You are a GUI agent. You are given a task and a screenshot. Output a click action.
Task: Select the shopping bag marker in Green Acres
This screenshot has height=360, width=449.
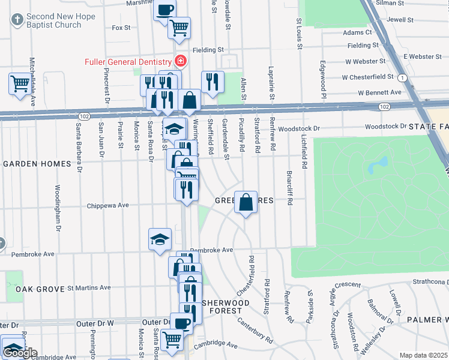246,202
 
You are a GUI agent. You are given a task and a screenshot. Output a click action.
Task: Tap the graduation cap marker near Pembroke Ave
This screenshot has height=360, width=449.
160,239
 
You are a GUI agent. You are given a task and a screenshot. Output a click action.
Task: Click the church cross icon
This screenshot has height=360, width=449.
17,20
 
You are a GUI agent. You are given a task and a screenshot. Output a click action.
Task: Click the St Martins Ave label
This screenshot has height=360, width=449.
89,288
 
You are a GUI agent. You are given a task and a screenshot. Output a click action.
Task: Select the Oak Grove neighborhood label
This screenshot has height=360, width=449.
40,289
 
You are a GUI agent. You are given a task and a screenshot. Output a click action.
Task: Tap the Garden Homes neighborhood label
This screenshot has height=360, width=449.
38,164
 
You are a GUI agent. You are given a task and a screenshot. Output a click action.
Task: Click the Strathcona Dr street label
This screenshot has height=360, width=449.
430,281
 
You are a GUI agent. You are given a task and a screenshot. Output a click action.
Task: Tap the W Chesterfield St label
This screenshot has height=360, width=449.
367,77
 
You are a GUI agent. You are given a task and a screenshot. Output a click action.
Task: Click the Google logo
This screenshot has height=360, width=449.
19,353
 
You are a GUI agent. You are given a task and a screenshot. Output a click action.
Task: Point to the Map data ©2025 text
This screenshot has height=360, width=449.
423,355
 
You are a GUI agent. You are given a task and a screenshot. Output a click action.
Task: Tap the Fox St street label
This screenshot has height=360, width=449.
121,28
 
